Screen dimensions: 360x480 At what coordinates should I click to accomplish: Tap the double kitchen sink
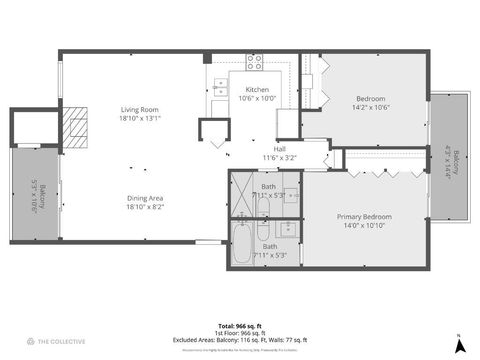(219, 89)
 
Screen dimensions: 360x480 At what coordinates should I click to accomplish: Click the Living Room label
(141, 113)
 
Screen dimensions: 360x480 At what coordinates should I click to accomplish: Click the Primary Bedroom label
(364, 221)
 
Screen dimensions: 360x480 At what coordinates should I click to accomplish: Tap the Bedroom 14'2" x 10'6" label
(372, 103)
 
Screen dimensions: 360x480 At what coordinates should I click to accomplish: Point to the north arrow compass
(459, 345)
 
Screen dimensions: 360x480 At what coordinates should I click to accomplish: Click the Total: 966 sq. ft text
(240, 326)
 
